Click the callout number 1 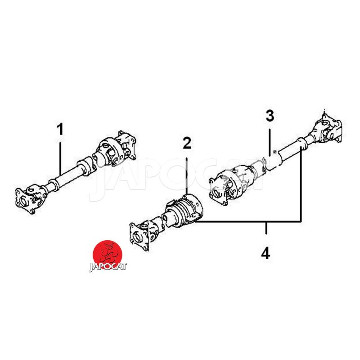point(60,129)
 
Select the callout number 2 point(187,143)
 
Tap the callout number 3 point(270,116)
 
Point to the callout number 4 point(265,253)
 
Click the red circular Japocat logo point(107,254)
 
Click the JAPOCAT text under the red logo point(108,267)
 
